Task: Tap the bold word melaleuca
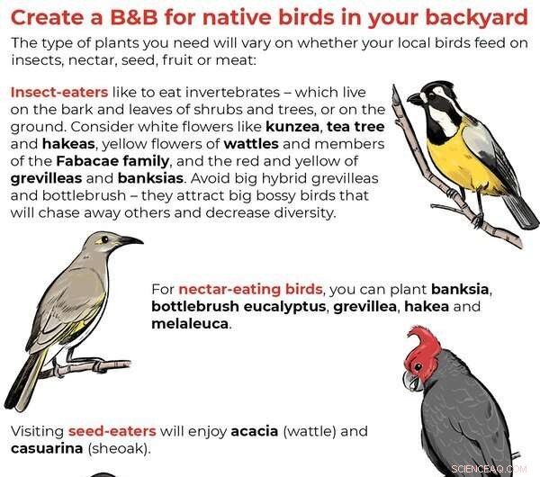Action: click(191, 324)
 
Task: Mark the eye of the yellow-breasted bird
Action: click(426, 94)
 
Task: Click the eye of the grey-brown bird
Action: click(105, 240)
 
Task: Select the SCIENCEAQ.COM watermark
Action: click(494, 468)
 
